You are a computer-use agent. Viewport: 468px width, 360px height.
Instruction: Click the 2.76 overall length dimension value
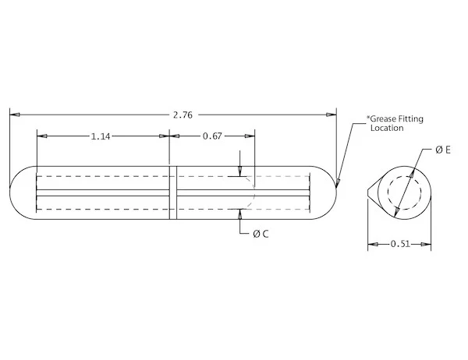pyautogui.click(x=182, y=115)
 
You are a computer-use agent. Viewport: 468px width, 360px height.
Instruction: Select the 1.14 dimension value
pyautogui.click(x=100, y=136)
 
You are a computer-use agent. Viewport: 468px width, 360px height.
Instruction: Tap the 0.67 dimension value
pyautogui.click(x=212, y=136)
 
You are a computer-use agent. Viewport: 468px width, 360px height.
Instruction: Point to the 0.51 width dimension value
pyautogui.click(x=399, y=245)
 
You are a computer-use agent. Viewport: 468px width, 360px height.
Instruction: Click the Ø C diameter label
pyautogui.click(x=261, y=234)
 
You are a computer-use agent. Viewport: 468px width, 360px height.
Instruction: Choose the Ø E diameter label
pyautogui.click(x=442, y=149)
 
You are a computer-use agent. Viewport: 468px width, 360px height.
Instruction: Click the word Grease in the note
pyautogui.click(x=385, y=119)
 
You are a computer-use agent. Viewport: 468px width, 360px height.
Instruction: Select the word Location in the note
pyautogui.click(x=387, y=128)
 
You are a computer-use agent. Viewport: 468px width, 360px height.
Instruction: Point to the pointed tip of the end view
pyautogui.click(x=369, y=192)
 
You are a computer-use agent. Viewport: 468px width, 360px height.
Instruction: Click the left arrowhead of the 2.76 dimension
pyautogui.click(x=13, y=115)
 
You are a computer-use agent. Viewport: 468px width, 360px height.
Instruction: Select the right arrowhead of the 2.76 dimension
pyautogui.click(x=333, y=115)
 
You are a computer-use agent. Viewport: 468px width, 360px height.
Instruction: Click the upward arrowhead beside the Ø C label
pyautogui.click(x=240, y=213)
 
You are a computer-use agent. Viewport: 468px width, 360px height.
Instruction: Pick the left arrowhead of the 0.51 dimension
pyautogui.click(x=372, y=245)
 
